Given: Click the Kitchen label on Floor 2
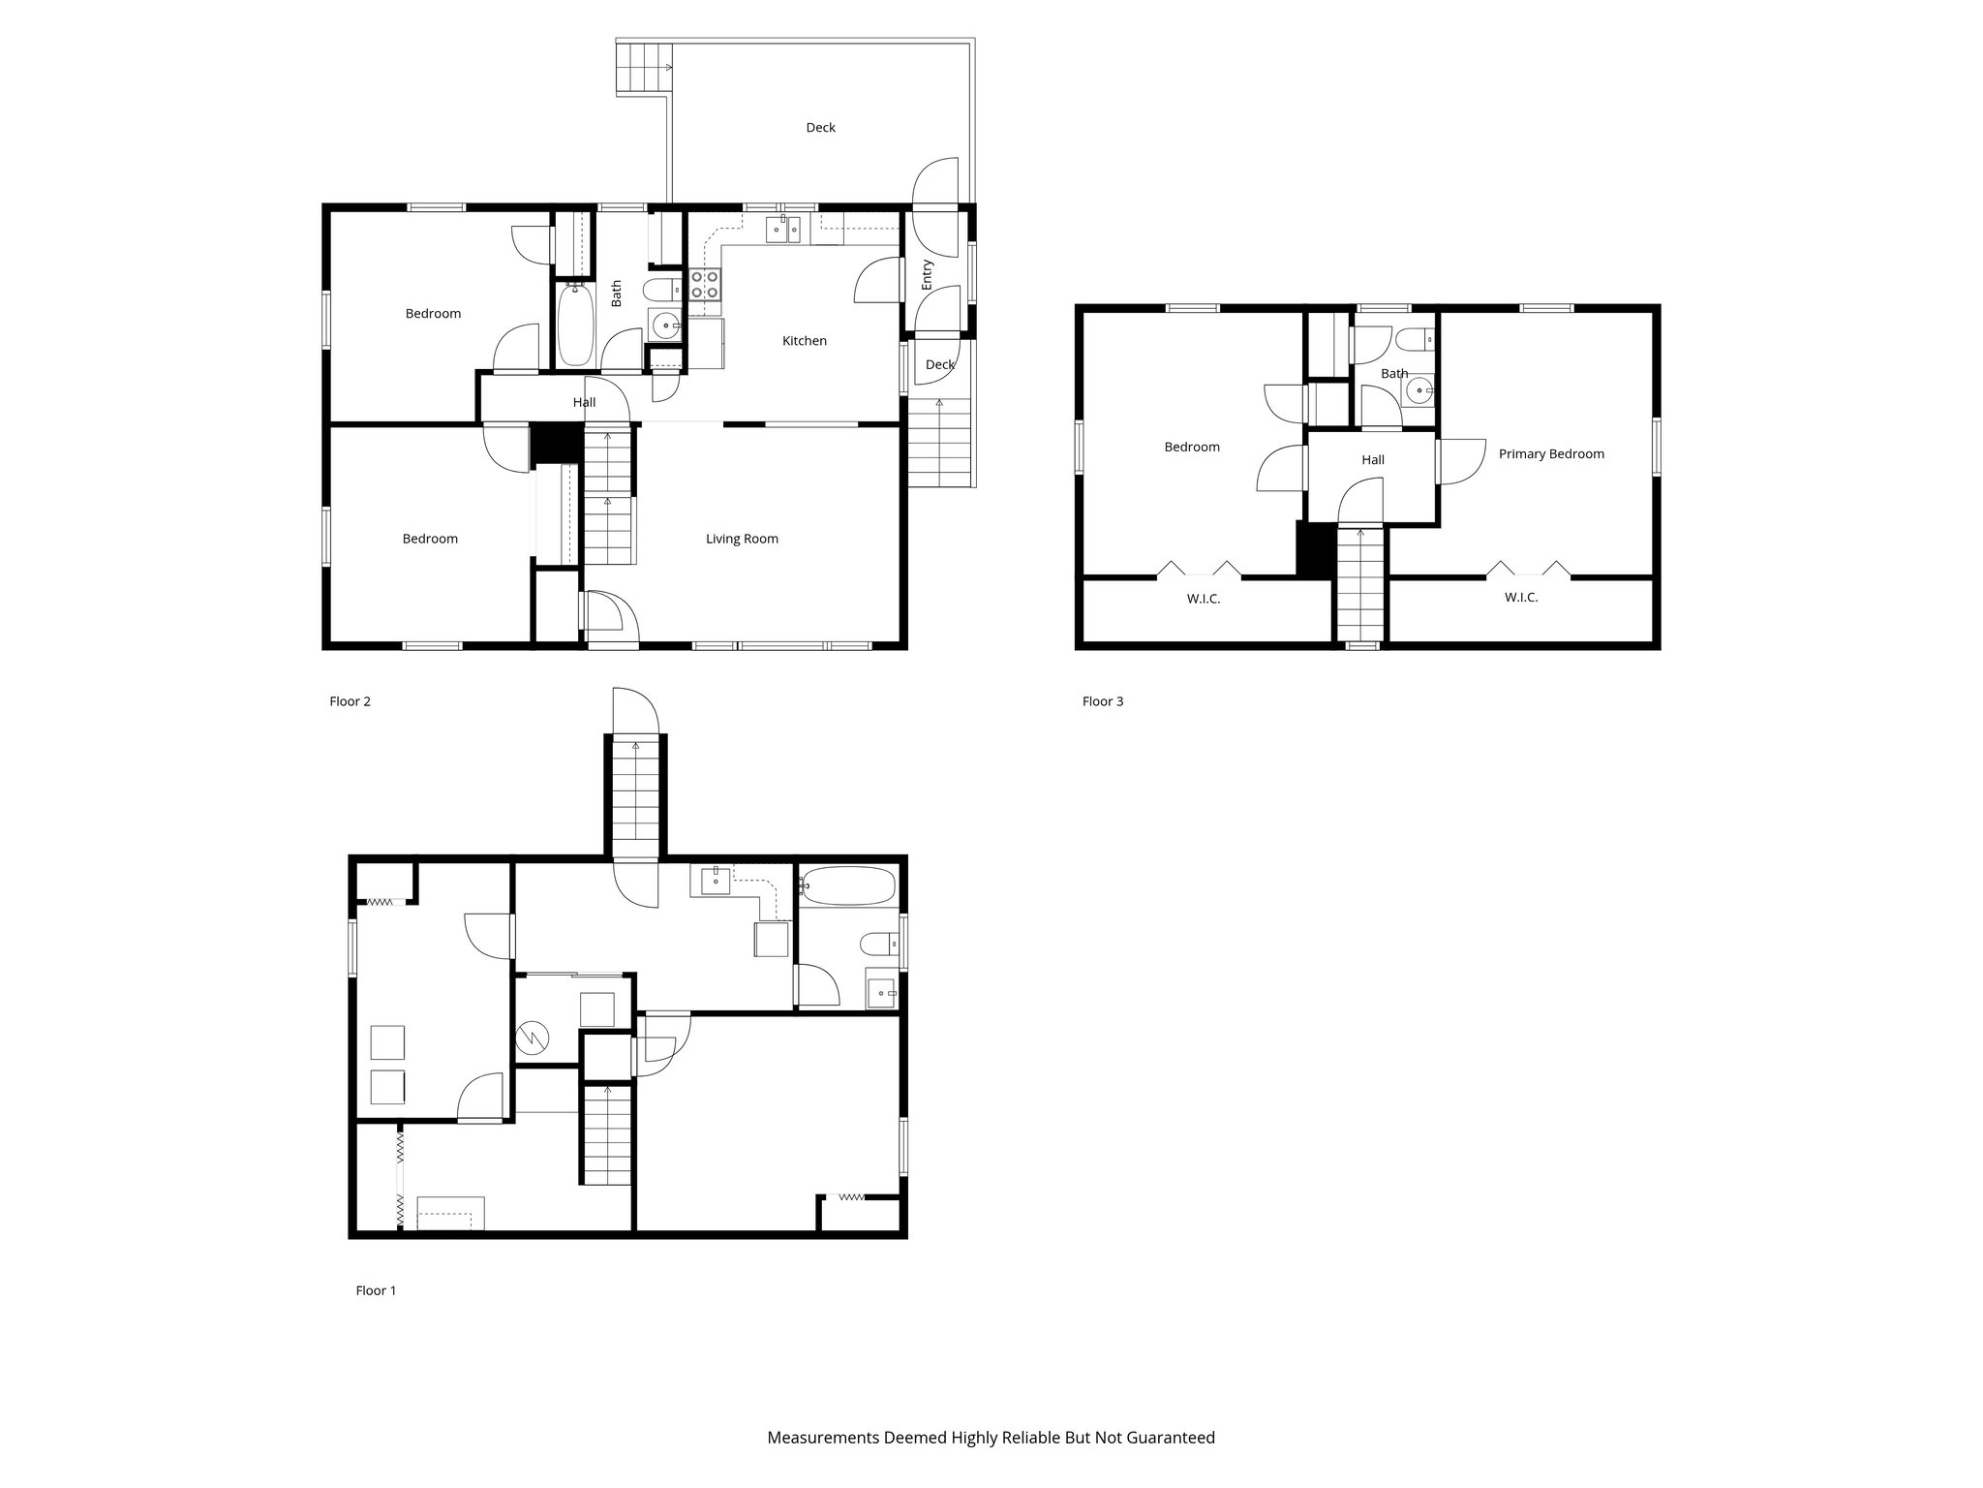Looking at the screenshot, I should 804,341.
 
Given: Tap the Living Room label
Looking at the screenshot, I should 742,539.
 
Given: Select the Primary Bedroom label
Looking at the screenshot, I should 1551,453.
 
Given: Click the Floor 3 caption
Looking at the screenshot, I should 1103,701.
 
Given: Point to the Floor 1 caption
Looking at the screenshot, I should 376,1290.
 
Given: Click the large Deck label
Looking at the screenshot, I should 820,128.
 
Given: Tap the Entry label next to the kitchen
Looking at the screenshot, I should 928,274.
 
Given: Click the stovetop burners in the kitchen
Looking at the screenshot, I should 704,284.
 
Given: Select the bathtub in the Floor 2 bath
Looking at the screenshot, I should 574,325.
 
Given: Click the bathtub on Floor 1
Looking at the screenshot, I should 849,885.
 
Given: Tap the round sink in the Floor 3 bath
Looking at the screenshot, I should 1419,392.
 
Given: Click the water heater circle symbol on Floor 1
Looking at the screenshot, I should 533,1038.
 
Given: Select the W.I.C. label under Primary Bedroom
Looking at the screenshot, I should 1520,598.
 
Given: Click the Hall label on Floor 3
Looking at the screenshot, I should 1372,460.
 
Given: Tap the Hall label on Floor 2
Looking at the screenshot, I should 584,403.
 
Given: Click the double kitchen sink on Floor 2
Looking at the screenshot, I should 782,230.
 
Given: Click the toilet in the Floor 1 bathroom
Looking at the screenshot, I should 876,943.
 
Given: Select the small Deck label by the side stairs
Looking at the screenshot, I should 939,365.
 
